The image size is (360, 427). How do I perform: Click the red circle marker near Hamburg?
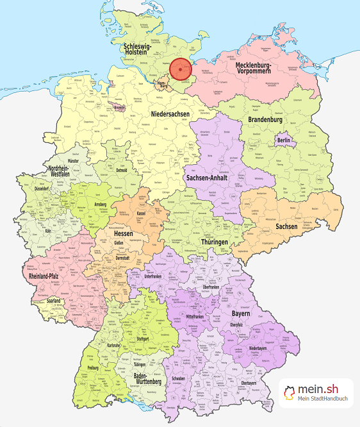point(181,68)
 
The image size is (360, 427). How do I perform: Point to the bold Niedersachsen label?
point(171,114)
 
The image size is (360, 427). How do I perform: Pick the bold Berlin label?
point(284,140)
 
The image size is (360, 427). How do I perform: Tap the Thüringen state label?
point(213,242)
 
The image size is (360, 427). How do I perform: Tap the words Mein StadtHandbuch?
point(323,400)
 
